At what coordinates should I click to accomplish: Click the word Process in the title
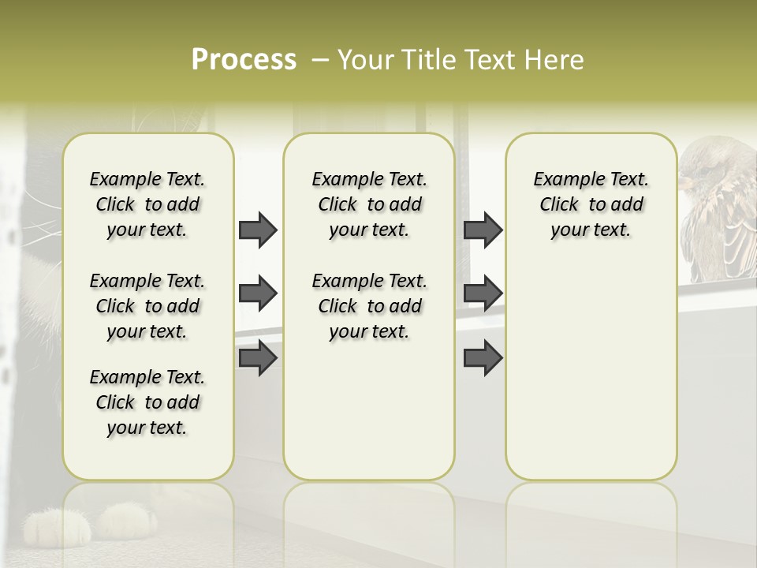(x=244, y=60)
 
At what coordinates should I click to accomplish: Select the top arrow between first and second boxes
(x=258, y=230)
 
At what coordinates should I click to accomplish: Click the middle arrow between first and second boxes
(x=258, y=294)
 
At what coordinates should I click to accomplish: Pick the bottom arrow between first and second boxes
(x=258, y=357)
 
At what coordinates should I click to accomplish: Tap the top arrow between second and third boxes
(x=483, y=230)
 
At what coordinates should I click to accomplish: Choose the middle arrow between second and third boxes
(x=483, y=294)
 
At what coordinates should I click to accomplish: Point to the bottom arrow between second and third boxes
(x=483, y=357)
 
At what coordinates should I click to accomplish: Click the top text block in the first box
(x=147, y=204)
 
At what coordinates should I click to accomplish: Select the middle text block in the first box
(x=147, y=306)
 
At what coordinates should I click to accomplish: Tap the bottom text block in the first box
(x=147, y=402)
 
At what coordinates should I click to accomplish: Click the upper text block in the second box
(x=369, y=204)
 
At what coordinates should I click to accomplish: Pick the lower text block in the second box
(x=369, y=306)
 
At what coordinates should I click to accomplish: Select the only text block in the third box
(x=591, y=204)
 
